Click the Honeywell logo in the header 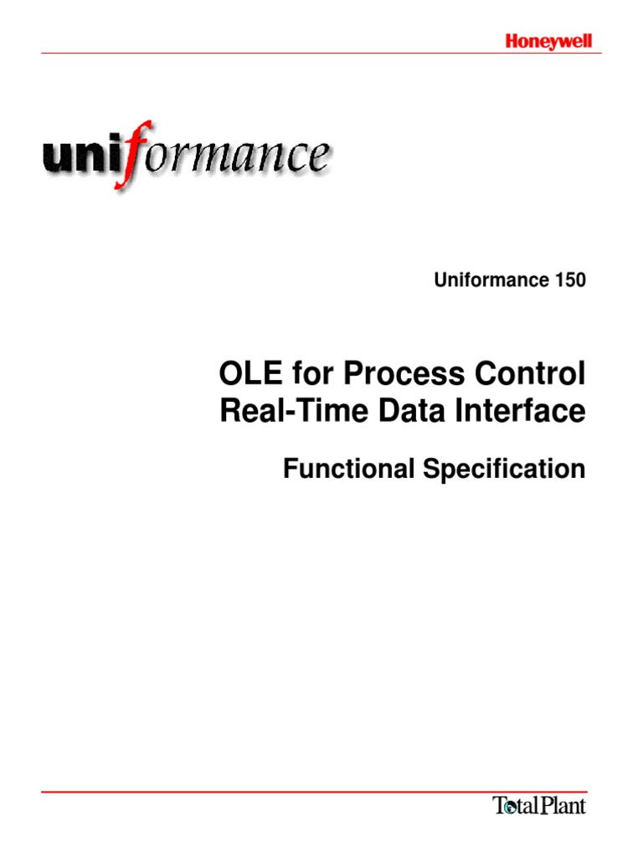548,41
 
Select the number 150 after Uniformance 569,281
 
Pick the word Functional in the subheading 348,470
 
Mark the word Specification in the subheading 503,470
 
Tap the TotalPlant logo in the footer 538,806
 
